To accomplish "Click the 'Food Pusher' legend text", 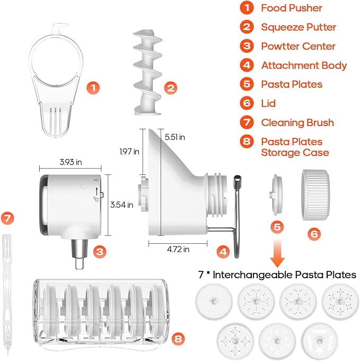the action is point(292,8).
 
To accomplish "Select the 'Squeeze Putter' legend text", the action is point(298,27).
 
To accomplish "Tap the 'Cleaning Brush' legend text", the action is point(297,122).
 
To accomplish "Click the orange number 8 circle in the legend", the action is point(247,141).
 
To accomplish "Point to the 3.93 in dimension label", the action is point(71,162).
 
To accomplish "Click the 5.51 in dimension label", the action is point(175,137).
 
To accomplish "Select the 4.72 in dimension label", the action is point(178,249).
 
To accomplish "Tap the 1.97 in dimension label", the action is point(129,152).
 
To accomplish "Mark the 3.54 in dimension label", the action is point(121,205).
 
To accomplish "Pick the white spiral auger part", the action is point(147,72).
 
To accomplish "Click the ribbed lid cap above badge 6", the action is point(315,195).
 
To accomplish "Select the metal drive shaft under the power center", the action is point(80,254).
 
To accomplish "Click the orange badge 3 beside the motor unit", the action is point(100,251).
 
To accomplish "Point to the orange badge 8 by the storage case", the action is point(178,339).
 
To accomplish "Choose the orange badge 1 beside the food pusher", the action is point(93,87).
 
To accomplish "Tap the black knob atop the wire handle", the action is point(237,179).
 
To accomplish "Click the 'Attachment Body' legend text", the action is point(304,65).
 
